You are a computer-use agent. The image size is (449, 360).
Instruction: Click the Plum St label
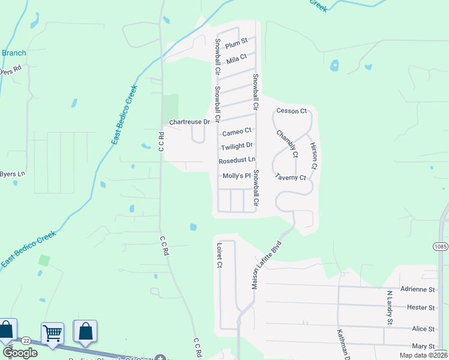pos(237,43)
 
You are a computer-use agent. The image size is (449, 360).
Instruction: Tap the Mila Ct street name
pos(237,59)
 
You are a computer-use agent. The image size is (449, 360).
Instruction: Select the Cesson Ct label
pos(291,111)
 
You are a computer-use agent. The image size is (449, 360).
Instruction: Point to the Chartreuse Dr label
pos(189,122)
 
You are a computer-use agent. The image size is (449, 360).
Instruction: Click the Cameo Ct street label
pos(237,131)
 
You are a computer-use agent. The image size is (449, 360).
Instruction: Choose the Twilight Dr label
pos(237,146)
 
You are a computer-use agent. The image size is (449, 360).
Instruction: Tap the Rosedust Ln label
pos(237,161)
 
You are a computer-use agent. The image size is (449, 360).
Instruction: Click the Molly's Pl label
pos(237,176)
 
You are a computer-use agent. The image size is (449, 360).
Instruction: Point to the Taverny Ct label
pos(291,178)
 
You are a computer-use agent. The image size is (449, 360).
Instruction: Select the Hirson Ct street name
pos(313,155)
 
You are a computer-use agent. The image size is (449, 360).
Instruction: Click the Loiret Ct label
pos(219,256)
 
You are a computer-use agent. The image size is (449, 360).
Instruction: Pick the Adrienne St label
pos(417,289)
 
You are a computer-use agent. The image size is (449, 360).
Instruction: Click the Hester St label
pos(421,308)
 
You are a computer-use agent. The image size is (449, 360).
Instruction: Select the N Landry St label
pos(389,308)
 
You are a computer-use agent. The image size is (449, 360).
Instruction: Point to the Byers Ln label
pos(13,174)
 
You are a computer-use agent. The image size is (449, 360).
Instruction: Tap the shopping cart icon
pos(52,332)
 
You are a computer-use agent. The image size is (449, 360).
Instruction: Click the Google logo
pos(20,353)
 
